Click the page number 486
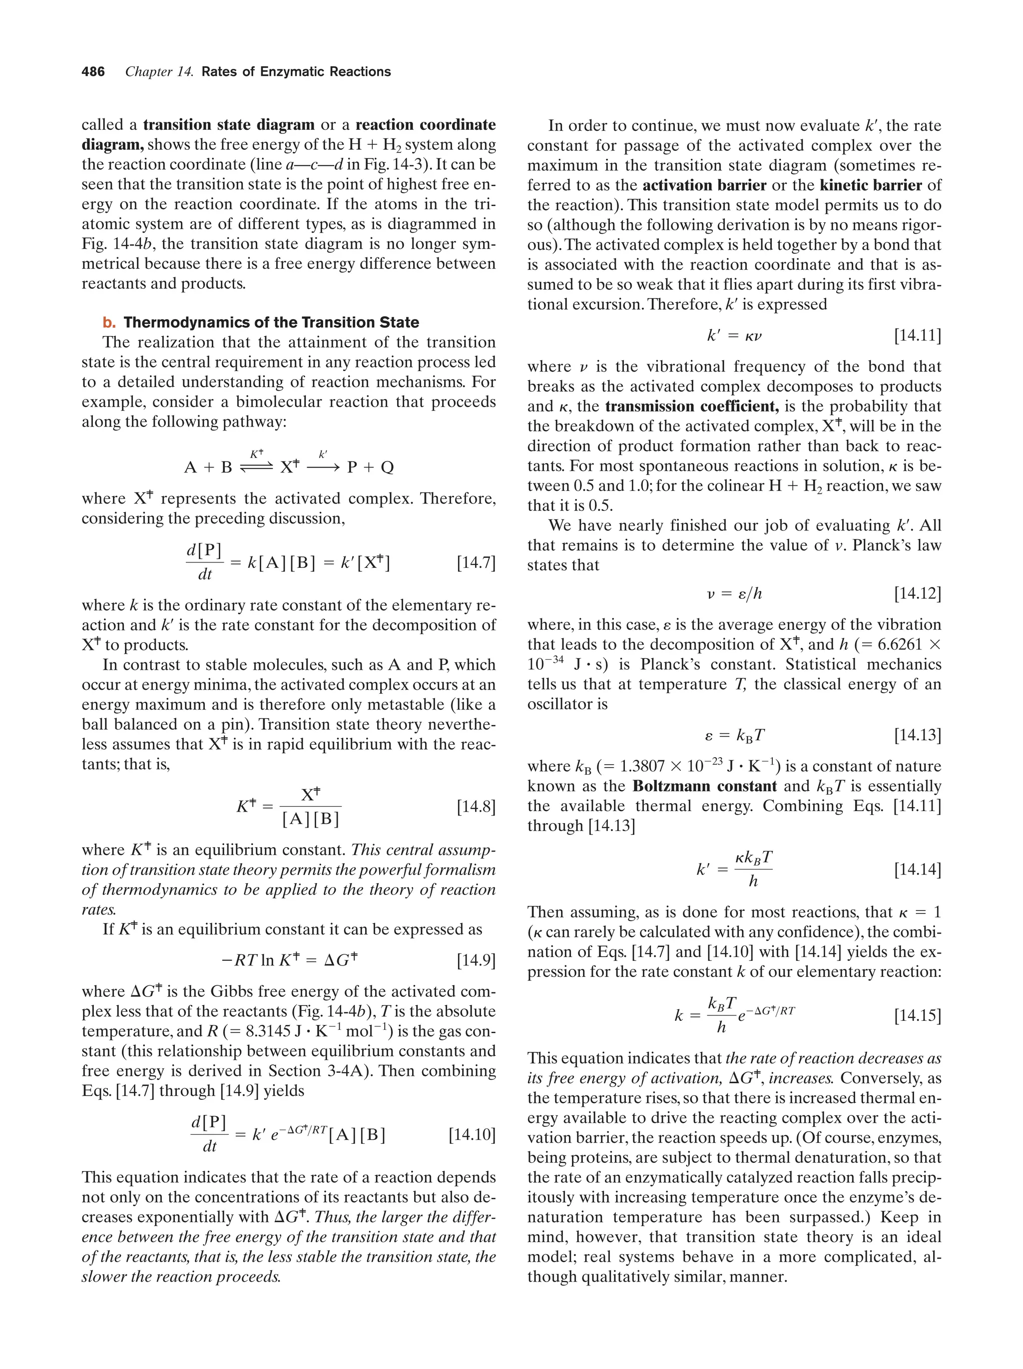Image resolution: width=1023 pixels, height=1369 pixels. [93, 72]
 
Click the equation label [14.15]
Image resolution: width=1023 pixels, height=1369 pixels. [918, 1015]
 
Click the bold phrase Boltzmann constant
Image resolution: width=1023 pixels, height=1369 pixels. [704, 786]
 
